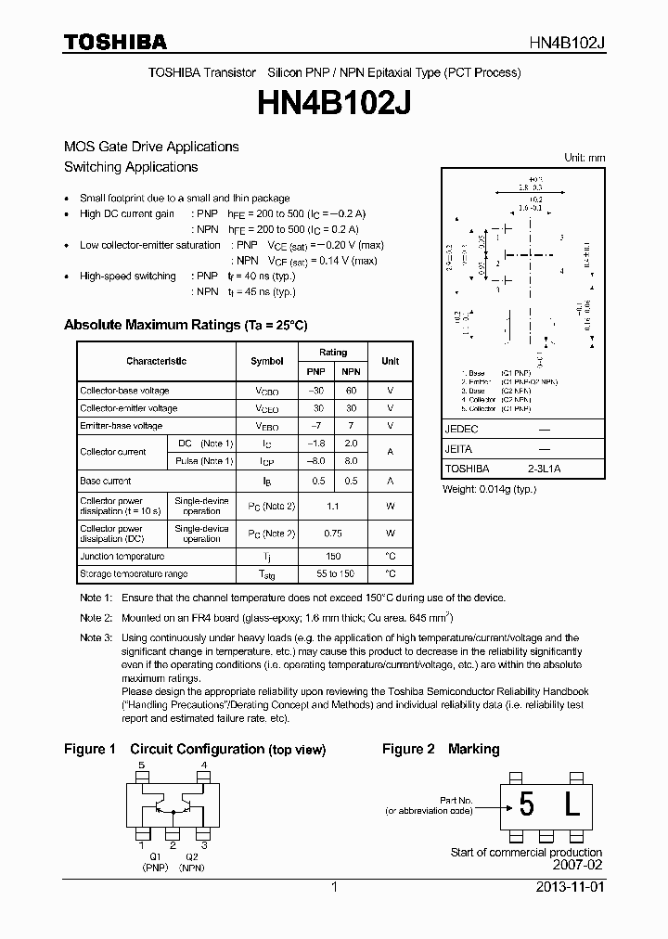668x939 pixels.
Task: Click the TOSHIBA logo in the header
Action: point(115,42)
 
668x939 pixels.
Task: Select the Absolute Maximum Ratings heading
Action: point(185,326)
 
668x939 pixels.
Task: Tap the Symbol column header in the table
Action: point(267,361)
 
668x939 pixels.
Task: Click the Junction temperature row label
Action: point(122,557)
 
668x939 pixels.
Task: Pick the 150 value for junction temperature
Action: point(333,557)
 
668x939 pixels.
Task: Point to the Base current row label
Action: point(106,482)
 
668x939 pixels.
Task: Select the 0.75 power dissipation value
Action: point(333,534)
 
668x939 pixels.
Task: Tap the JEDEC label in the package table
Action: point(461,431)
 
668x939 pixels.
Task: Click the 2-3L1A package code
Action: point(545,469)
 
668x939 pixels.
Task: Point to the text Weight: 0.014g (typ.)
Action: point(489,489)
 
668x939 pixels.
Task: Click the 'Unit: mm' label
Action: point(584,158)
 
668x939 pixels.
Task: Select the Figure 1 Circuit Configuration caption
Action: point(195,750)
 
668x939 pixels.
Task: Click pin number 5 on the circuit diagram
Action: point(142,765)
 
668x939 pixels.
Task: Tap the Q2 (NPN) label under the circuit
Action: point(191,862)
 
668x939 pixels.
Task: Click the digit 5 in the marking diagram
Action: point(527,806)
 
